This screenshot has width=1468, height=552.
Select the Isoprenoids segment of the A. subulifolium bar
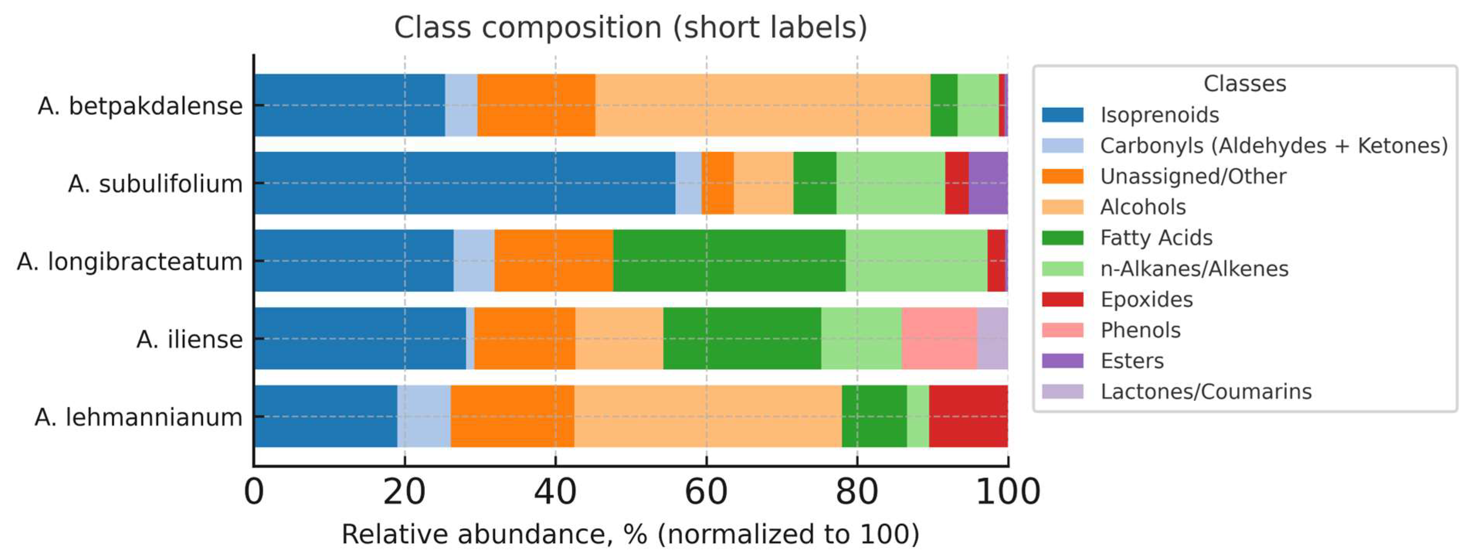(x=464, y=183)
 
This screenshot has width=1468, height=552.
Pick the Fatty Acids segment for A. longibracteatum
(x=729, y=261)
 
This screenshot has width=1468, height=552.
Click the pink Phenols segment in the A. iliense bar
(x=939, y=338)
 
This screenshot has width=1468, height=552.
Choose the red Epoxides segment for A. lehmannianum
(x=968, y=416)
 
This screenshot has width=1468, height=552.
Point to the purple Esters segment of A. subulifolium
(x=988, y=183)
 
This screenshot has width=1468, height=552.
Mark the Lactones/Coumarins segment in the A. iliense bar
(x=992, y=338)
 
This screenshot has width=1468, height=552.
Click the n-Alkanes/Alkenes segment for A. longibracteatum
(x=916, y=261)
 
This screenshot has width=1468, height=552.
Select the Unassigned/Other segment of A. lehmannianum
(x=512, y=416)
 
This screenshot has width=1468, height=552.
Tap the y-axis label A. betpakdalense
(x=140, y=106)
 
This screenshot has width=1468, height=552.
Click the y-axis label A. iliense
(x=189, y=340)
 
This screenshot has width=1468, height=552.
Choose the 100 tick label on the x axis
(x=1007, y=492)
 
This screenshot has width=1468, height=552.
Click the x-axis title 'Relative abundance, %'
(x=630, y=534)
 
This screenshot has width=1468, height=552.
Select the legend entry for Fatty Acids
(x=1156, y=238)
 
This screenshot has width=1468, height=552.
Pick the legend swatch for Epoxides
(x=1062, y=299)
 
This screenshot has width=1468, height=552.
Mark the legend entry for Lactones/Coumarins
(x=1205, y=392)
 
